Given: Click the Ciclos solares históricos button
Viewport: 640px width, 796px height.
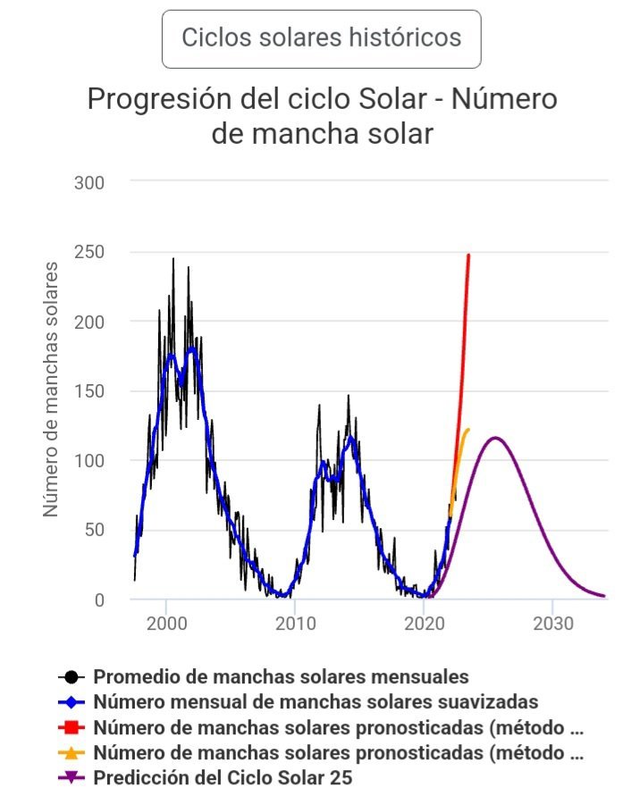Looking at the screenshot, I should (321, 38).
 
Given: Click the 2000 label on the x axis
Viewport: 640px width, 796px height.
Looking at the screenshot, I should (166, 623).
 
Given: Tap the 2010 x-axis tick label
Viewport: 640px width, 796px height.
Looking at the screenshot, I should (295, 623).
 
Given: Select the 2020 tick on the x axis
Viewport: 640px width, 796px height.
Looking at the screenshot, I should (424, 623).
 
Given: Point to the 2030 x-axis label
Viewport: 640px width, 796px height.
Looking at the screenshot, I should (552, 623).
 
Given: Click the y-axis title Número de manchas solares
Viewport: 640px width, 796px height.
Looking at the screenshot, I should (51, 389).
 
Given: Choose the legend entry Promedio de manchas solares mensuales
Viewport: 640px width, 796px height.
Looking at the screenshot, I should (281, 677).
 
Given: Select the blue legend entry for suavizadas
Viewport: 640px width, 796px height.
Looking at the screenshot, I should (316, 701).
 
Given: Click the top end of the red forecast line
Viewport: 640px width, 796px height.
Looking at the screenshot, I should (468, 256).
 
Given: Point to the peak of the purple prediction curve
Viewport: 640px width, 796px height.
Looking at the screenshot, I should (494, 438).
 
